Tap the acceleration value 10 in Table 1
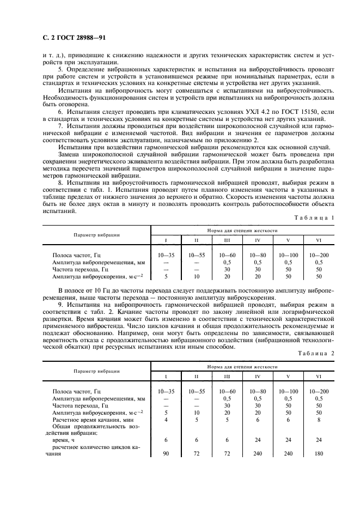[196, 276]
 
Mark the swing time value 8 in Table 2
[319, 420]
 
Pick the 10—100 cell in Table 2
[288, 391]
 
